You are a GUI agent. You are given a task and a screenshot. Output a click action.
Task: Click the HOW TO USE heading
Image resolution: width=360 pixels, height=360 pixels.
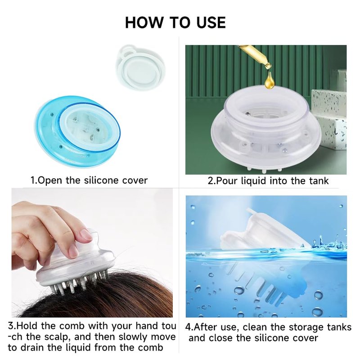(175, 22)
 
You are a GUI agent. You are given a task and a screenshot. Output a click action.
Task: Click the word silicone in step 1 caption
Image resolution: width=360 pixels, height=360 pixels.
(102, 180)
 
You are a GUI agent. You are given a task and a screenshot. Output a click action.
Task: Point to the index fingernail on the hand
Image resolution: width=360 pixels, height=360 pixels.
(86, 235)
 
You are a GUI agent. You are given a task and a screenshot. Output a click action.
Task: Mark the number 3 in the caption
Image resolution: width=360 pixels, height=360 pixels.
(11, 326)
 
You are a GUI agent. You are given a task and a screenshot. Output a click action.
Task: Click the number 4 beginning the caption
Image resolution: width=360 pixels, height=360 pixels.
(188, 327)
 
